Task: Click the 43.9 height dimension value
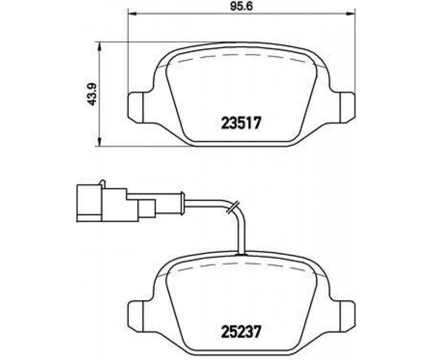click(x=92, y=94)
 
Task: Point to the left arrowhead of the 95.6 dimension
click(x=132, y=13)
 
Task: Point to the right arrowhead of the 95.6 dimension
click(x=351, y=13)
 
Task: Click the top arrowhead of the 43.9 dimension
click(x=100, y=46)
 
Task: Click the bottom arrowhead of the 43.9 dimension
click(x=100, y=142)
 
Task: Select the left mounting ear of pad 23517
click(x=136, y=108)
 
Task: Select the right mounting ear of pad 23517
click(x=348, y=108)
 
